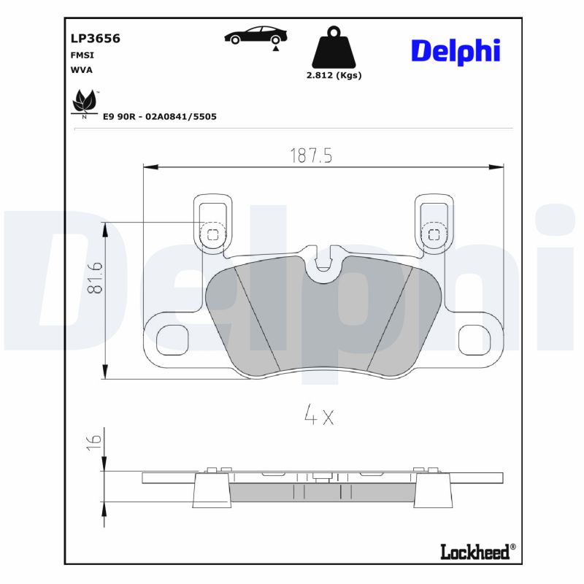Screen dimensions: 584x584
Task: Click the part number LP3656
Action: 95,39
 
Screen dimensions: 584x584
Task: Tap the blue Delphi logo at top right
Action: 456,50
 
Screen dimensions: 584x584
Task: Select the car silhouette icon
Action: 255,36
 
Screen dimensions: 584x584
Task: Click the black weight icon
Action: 334,48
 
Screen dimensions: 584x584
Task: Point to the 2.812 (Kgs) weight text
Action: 334,75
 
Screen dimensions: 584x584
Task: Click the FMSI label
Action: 82,55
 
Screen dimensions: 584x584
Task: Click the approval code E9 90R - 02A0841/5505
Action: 159,116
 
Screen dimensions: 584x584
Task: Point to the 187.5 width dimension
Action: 311,155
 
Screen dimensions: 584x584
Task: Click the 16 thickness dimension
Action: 93,440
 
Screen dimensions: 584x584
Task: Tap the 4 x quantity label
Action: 318,417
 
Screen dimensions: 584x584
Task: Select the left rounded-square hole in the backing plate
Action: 173,339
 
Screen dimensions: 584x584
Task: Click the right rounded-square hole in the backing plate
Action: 474,339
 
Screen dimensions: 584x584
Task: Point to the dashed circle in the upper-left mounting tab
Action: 212,234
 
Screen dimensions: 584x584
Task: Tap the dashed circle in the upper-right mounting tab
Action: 434,234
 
